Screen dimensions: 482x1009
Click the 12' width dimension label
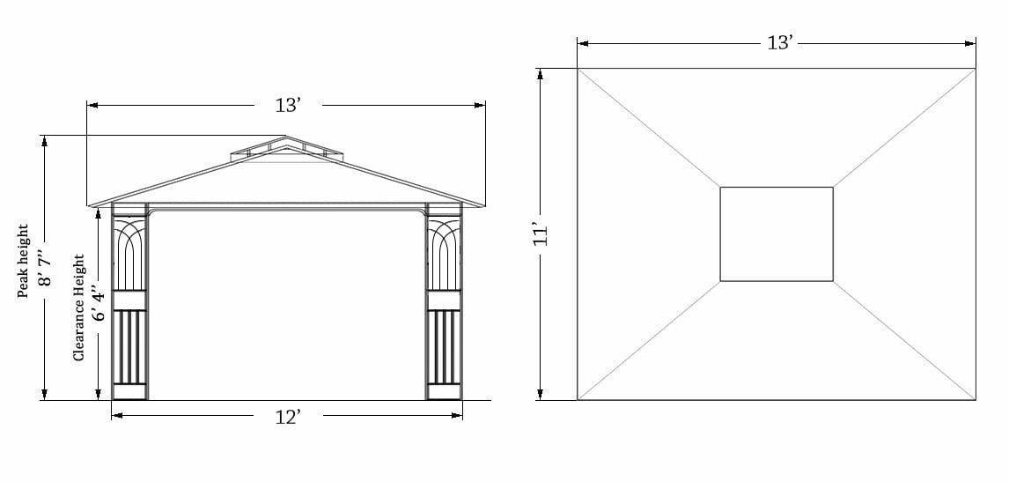click(288, 417)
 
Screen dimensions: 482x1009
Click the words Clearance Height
click(79, 307)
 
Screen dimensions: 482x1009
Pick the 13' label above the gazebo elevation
click(288, 106)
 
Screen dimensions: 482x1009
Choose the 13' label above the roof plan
click(779, 42)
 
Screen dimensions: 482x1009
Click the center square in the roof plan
click(777, 234)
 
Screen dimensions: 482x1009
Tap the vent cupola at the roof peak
click(285, 150)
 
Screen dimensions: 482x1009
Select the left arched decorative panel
click(130, 255)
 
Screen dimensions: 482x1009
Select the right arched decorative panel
click(444, 255)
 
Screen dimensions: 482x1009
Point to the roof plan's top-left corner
click(578, 68)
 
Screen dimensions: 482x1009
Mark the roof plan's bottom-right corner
click(976, 400)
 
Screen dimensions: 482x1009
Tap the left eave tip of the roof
click(89, 205)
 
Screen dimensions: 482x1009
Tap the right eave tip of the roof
click(484, 205)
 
